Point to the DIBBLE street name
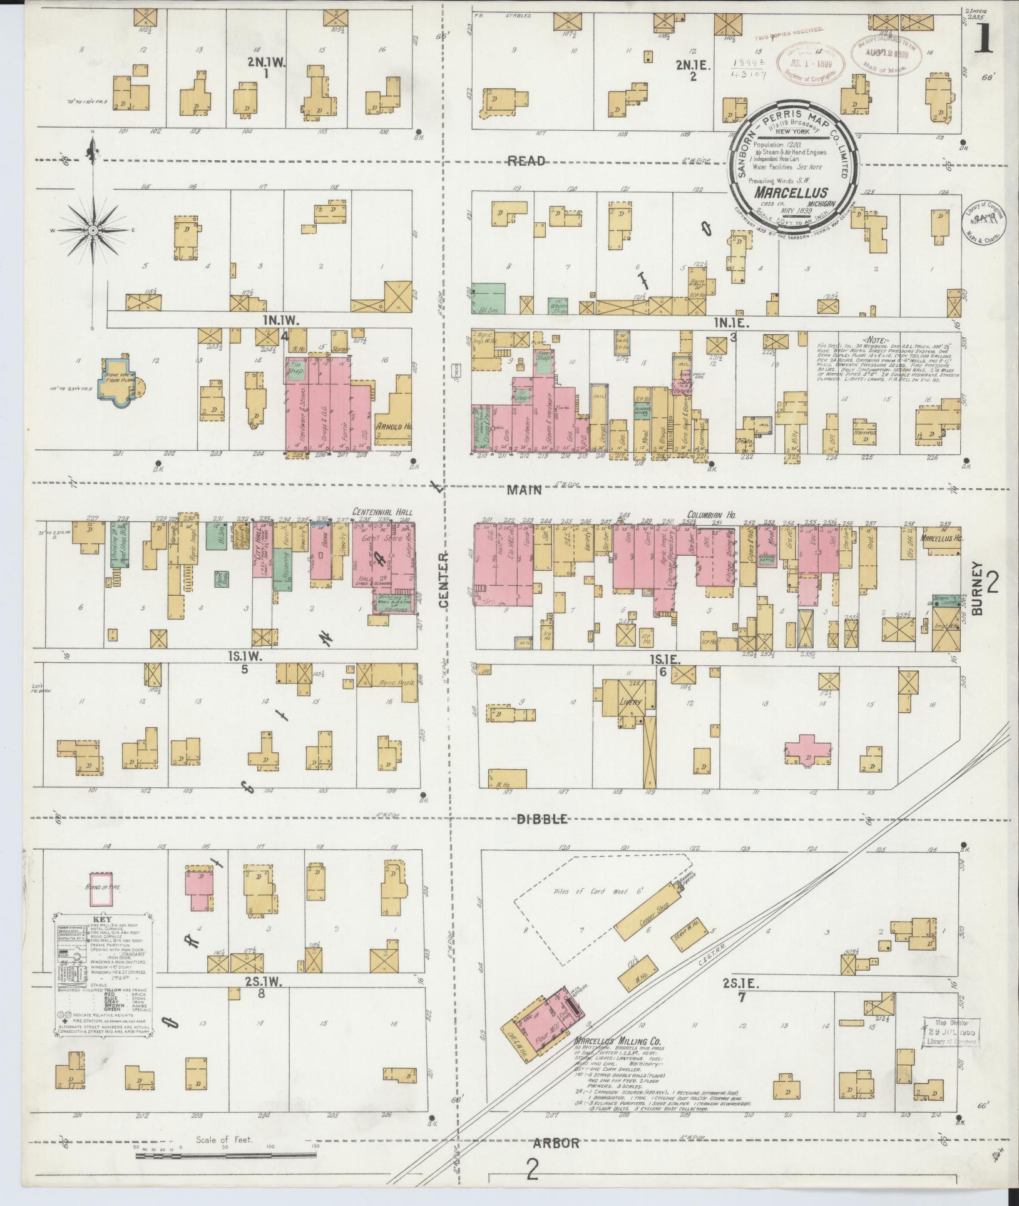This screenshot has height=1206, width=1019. click(541, 819)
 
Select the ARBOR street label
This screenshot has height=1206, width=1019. click(556, 1143)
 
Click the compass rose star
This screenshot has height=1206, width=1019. click(92, 230)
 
